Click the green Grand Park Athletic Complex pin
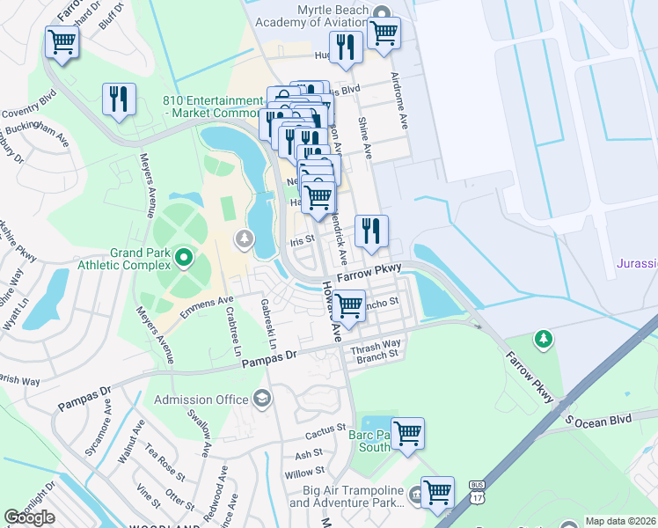184,258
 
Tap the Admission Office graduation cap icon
261,400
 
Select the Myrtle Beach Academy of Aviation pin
380,11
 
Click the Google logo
29,517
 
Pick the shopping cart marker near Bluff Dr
62,40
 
